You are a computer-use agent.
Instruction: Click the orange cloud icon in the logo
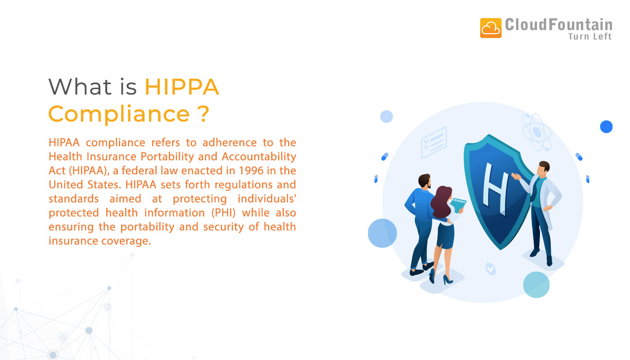pos(490,28)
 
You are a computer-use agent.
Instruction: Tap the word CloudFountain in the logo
pos(558,24)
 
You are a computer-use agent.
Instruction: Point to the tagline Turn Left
pos(590,37)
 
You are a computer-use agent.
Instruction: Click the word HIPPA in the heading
pos(182,87)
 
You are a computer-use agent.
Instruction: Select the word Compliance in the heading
pos(119,113)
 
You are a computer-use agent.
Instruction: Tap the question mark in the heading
pos(203,113)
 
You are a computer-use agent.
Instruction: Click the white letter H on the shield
pos(495,185)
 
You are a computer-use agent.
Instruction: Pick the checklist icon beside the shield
pos(434,142)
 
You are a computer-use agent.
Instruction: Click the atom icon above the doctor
pos(536,131)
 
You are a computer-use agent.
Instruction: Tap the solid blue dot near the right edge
pos(606,127)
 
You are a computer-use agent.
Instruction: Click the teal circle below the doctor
pos(536,284)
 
